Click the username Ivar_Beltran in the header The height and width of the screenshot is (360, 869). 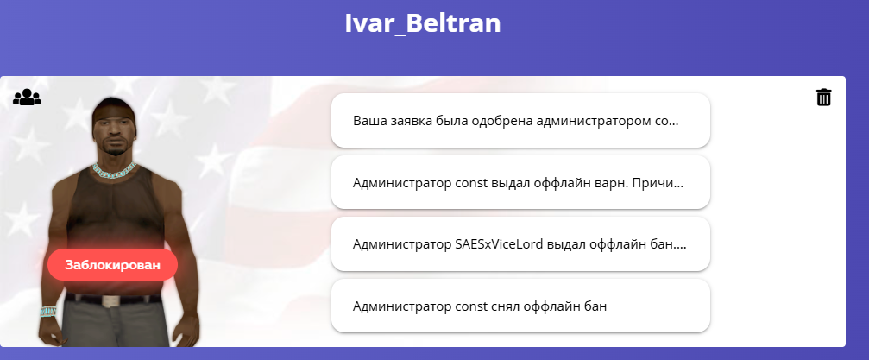click(x=422, y=24)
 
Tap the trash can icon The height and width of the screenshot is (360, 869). click(x=823, y=97)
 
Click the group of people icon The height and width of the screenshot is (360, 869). click(x=27, y=97)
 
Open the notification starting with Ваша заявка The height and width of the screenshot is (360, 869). click(x=520, y=121)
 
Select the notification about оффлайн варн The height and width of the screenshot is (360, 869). click(x=520, y=183)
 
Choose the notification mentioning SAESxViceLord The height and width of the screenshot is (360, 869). click(x=520, y=244)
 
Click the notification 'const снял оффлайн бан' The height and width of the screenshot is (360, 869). click(x=520, y=306)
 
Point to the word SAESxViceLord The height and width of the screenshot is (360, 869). click(x=498, y=244)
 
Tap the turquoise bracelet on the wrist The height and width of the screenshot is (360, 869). click(x=47, y=311)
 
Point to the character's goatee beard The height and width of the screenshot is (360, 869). click(x=114, y=149)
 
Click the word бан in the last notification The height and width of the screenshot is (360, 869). click(x=596, y=306)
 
